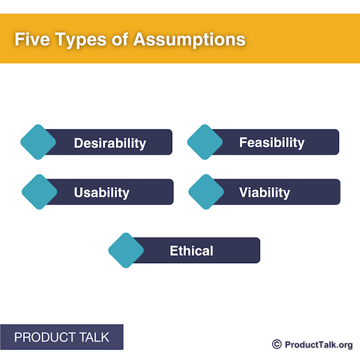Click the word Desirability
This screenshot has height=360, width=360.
(x=109, y=143)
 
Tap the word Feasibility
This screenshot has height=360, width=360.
(x=272, y=142)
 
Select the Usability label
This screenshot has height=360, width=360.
(x=101, y=192)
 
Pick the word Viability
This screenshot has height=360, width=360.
(x=264, y=192)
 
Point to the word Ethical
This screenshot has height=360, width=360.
(x=191, y=250)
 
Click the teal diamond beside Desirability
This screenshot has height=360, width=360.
(x=39, y=142)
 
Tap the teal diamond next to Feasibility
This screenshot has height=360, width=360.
(x=206, y=142)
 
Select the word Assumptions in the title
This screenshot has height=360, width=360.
(x=189, y=40)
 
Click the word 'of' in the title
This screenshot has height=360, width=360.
(x=122, y=39)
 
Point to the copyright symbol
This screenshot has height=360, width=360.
(x=276, y=344)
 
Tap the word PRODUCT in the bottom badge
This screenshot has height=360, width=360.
(x=44, y=338)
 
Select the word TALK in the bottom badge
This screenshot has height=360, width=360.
(x=94, y=338)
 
